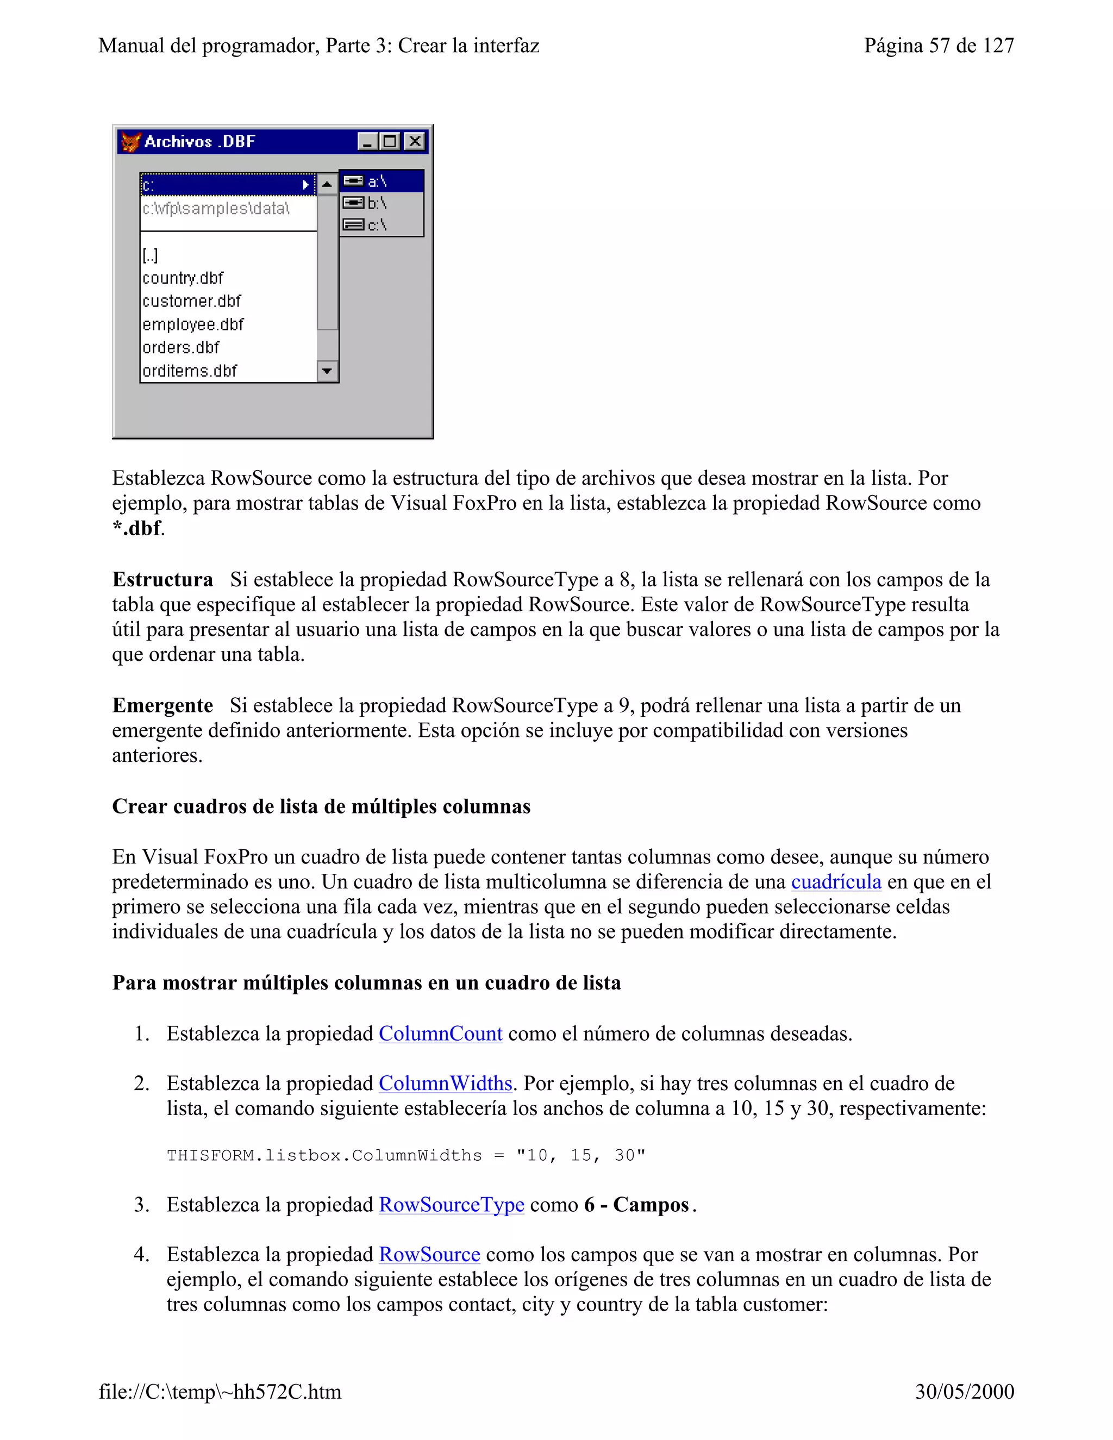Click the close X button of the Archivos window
click(415, 141)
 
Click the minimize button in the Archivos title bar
click(367, 141)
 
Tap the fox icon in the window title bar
click(130, 142)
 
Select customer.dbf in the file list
click(192, 302)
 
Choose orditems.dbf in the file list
click(190, 371)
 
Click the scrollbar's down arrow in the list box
click(327, 371)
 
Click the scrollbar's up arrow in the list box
click(327, 184)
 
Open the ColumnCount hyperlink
click(440, 1033)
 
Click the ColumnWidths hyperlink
click(445, 1084)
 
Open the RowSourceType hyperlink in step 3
click(451, 1205)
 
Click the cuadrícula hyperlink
click(835, 881)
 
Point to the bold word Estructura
click(162, 580)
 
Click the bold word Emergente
click(162, 705)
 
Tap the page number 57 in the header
click(940, 46)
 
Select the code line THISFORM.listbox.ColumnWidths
click(405, 1156)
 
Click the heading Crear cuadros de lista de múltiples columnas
click(321, 806)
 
